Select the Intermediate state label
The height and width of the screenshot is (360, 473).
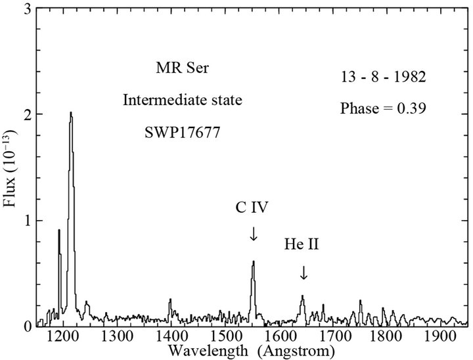[x=173, y=101]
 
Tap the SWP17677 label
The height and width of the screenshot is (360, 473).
[x=173, y=131]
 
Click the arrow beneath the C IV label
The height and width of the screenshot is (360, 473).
[x=254, y=233]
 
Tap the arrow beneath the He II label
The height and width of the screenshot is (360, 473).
[x=303, y=273]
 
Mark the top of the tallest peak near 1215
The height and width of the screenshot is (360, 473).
[x=70, y=113]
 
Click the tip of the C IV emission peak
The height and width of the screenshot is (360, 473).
[x=253, y=261]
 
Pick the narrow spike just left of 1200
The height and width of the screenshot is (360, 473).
[x=58, y=231]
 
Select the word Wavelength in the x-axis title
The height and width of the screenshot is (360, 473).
[x=206, y=351]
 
